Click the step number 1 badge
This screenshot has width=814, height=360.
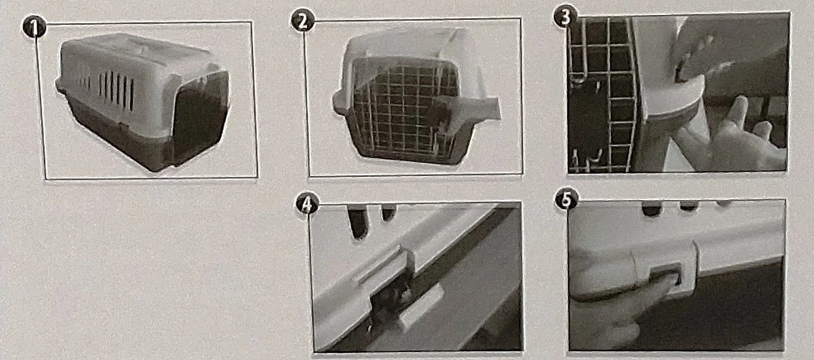click(34, 27)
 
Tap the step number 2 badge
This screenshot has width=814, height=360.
click(303, 20)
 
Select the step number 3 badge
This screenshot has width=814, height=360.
click(565, 18)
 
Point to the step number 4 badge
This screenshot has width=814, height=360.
click(307, 203)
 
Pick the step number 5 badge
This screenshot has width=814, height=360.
click(566, 199)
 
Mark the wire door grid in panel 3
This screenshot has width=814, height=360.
click(602, 94)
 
